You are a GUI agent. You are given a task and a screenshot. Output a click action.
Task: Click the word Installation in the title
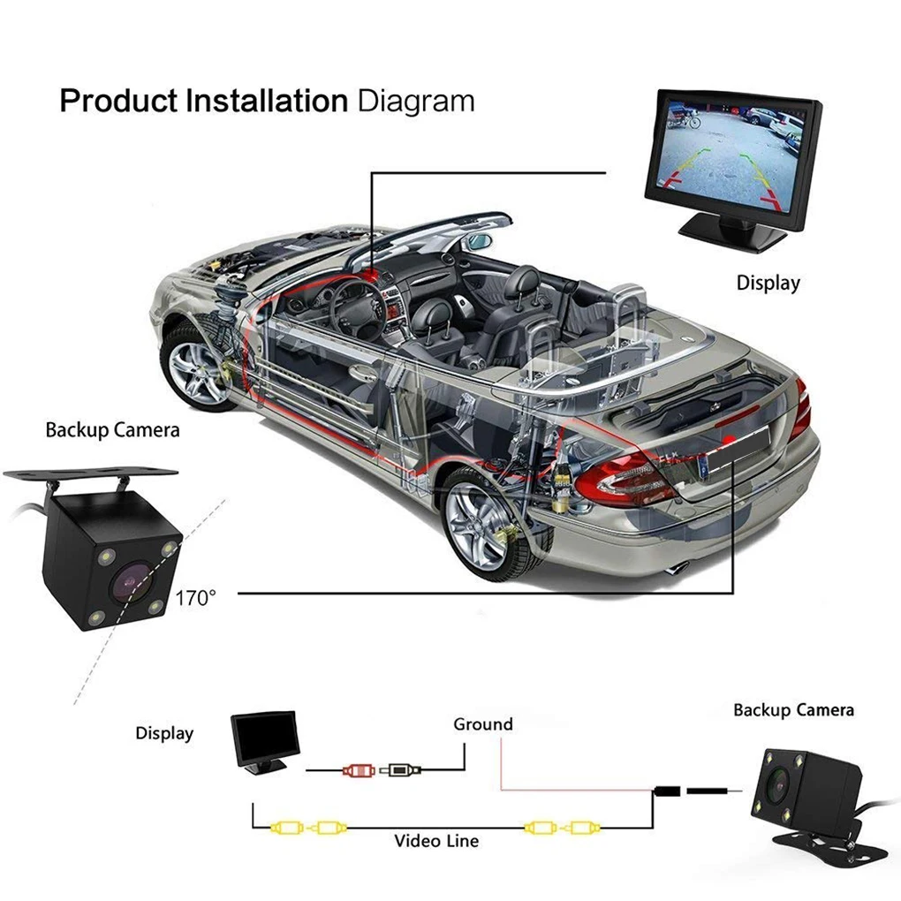266,102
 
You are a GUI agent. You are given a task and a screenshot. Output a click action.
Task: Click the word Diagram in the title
415,102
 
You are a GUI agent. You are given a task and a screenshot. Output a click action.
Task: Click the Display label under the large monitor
768,284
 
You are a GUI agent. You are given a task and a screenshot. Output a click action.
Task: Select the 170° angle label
194,598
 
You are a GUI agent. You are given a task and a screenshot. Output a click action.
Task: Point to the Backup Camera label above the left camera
112,430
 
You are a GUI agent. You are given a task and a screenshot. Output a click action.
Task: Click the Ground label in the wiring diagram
482,724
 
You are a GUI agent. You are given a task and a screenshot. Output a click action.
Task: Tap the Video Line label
436,840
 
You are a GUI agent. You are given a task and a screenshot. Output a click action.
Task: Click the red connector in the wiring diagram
358,770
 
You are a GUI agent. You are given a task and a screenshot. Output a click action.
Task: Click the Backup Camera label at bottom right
793,710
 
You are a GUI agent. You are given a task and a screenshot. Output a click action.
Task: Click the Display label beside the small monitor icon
164,733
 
